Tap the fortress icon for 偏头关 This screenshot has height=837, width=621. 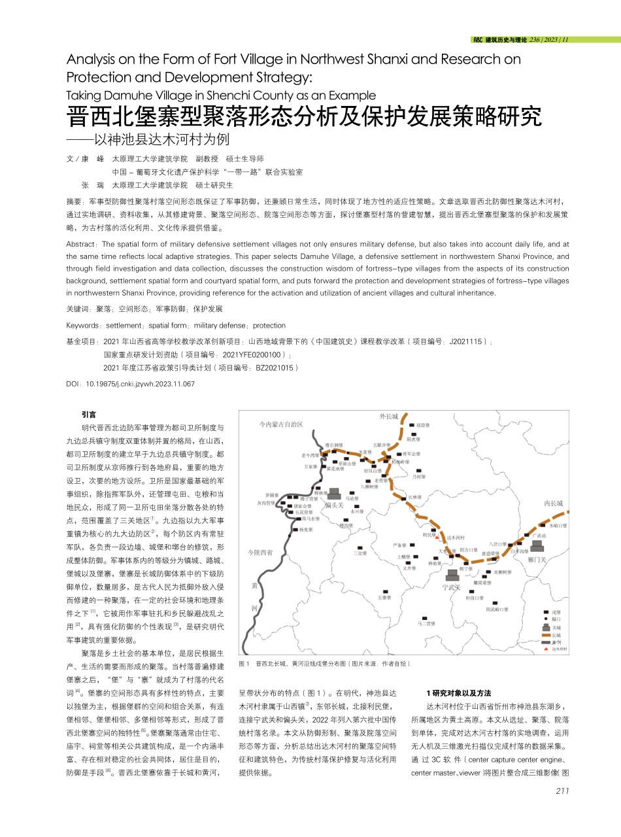click(x=334, y=494)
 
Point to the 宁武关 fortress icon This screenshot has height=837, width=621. click(x=452, y=575)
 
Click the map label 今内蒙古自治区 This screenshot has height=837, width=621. click(x=280, y=424)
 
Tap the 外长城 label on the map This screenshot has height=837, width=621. click(x=388, y=416)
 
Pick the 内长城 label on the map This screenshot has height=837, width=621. click(x=552, y=503)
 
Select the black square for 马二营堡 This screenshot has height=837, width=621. click(x=425, y=618)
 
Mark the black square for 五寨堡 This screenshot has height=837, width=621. click(x=384, y=591)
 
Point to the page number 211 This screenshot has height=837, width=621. click(x=562, y=791)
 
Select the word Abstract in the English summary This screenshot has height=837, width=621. click(x=82, y=243)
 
